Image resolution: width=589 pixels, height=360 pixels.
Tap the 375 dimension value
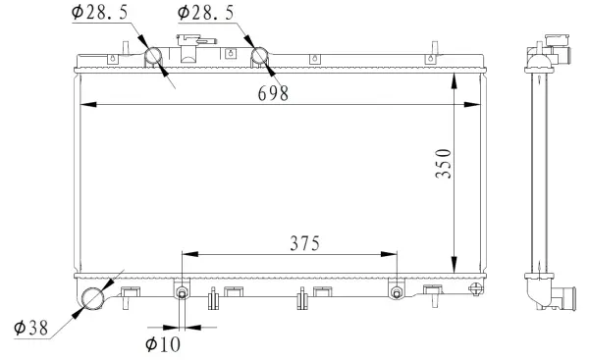pos(302,241)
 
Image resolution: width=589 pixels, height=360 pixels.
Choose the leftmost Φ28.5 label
pos(101,12)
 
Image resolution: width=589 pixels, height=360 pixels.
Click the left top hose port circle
pos(157,58)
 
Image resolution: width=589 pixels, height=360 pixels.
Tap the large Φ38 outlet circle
pos(94,298)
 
